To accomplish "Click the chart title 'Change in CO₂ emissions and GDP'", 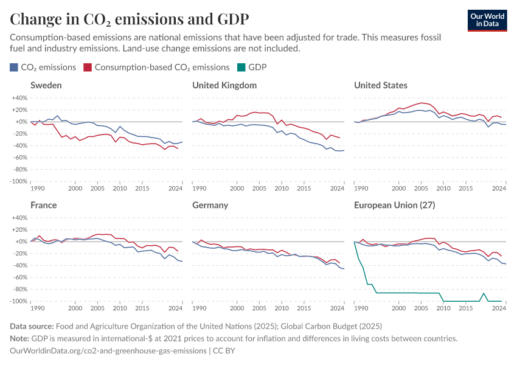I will coord(129,18).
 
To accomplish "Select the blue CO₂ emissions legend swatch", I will coord(14,68).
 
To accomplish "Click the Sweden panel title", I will coord(46,85).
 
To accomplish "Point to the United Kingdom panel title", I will coord(224,85).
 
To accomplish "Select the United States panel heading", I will coord(381,85).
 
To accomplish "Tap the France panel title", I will coord(43,205).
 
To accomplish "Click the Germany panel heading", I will coord(210,205).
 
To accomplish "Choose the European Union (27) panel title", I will coord(394,205).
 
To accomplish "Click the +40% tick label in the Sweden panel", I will coord(19,98).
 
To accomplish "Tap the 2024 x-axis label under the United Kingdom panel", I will coord(337,189).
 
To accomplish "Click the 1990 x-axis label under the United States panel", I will coord(361,189).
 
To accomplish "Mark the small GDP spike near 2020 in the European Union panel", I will coord(484,294).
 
